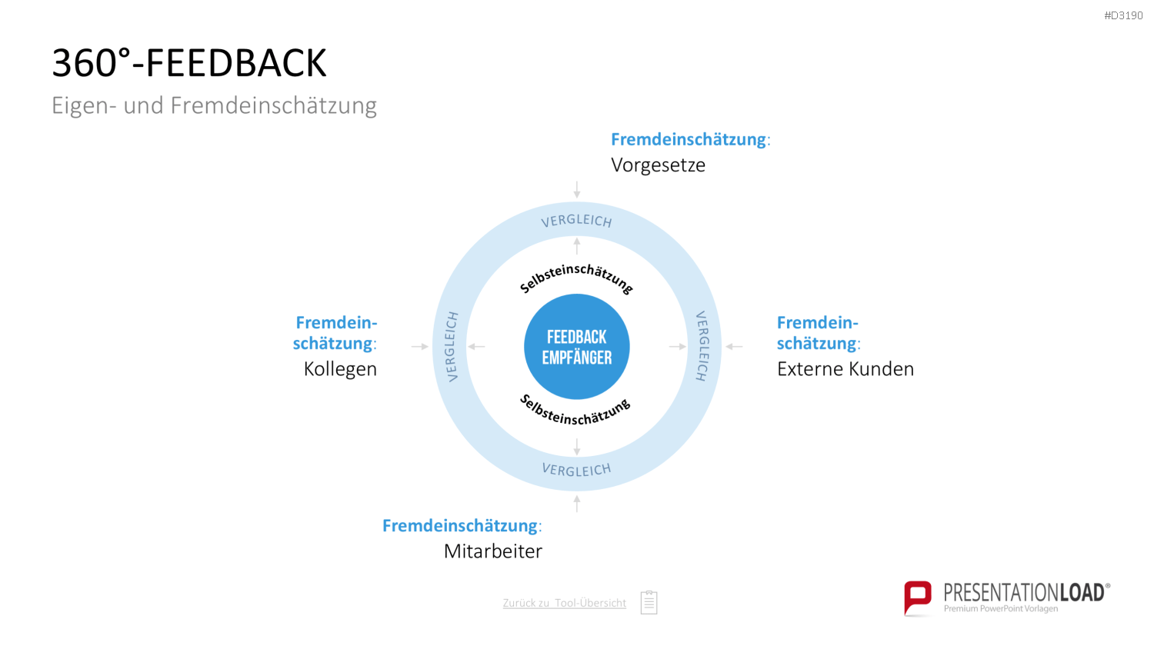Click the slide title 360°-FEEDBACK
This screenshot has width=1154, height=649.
(x=189, y=63)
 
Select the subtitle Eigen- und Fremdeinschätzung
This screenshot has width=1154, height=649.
(x=215, y=105)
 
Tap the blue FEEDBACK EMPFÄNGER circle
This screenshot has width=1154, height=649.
(x=576, y=347)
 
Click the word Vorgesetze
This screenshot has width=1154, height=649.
(x=658, y=165)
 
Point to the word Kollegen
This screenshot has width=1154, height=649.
(x=340, y=369)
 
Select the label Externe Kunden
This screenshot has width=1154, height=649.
(x=845, y=369)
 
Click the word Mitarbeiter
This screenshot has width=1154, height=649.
(x=493, y=551)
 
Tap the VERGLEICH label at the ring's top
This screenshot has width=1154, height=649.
(x=576, y=221)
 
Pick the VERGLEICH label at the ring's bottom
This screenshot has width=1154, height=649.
(x=576, y=470)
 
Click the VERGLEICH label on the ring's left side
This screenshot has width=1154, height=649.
(x=452, y=347)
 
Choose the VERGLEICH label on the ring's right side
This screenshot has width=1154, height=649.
(x=702, y=347)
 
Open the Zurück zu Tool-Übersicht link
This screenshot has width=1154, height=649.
(x=564, y=603)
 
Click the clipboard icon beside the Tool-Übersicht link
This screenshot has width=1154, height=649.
(x=649, y=602)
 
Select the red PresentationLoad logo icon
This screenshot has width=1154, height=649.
(x=918, y=598)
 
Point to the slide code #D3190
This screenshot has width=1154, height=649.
(x=1123, y=16)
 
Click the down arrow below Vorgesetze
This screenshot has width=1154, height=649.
(x=577, y=190)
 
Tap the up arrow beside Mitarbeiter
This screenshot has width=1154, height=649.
(x=577, y=504)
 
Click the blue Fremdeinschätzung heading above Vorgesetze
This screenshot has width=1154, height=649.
(x=689, y=140)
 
